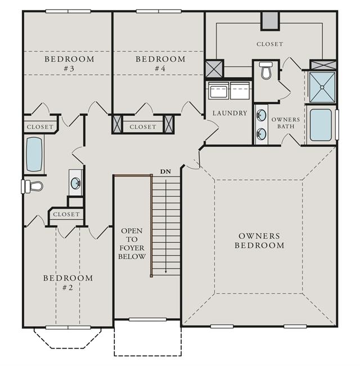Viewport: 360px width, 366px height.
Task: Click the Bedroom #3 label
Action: [x=69, y=64]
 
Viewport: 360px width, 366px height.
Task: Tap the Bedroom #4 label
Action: [x=160, y=64]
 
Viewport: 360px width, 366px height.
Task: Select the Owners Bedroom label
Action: [x=259, y=241]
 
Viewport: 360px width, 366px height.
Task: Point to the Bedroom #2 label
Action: [x=68, y=283]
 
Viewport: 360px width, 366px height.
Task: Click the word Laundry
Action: [x=229, y=113]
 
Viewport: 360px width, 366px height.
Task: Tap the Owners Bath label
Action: [x=286, y=123]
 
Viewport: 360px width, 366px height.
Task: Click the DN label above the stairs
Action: [x=165, y=172]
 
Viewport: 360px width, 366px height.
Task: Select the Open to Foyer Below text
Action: [x=132, y=243]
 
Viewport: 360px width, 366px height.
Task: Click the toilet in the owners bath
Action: [x=267, y=70]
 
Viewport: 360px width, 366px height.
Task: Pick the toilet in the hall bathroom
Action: [x=33, y=186]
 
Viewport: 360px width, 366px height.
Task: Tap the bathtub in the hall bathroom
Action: [x=34, y=154]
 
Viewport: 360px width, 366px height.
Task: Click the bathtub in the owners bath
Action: [x=321, y=125]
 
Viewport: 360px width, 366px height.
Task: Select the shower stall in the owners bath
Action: [x=322, y=87]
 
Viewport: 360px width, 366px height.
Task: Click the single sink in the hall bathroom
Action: [x=75, y=183]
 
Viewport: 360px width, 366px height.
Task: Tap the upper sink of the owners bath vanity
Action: [x=262, y=115]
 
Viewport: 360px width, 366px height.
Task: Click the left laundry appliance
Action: [x=218, y=91]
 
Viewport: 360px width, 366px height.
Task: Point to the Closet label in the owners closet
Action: [x=269, y=44]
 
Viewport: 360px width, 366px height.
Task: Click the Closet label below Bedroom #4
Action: [x=143, y=127]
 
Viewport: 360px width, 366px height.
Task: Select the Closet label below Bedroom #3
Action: [x=40, y=127]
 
